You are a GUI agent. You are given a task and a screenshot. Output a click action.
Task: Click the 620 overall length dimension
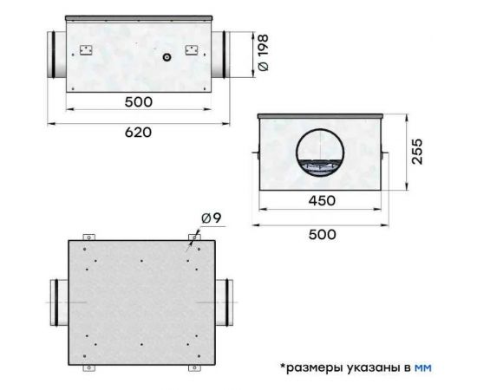[138, 132]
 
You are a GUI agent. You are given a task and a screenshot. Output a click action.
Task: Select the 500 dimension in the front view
[138, 102]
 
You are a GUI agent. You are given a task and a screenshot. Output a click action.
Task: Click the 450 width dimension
[320, 201]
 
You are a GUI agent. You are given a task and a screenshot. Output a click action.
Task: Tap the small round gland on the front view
[165, 57]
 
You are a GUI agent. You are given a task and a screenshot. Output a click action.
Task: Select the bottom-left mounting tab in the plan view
[87, 367]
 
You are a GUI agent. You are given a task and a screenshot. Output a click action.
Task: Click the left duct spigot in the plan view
[55, 302]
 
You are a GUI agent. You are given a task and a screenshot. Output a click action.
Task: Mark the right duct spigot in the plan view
[224, 302]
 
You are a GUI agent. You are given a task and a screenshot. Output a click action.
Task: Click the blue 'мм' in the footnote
[422, 367]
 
